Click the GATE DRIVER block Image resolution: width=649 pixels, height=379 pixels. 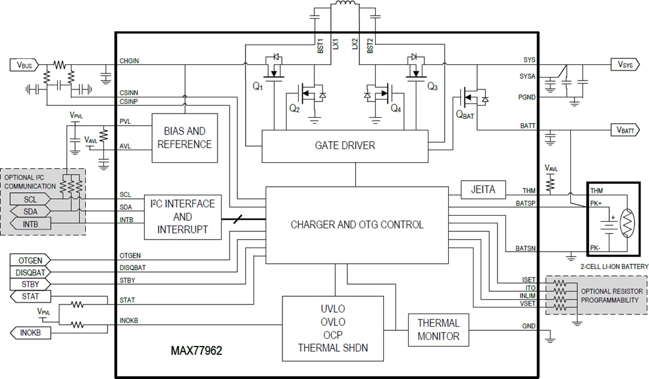click(344, 145)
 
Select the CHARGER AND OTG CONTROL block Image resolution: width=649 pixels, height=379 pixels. click(357, 225)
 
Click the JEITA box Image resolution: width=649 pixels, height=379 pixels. click(483, 189)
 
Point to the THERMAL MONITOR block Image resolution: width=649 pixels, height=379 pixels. click(438, 330)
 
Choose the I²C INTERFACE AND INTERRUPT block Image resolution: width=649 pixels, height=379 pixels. click(183, 217)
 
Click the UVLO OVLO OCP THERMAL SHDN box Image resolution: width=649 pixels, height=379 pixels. click(333, 329)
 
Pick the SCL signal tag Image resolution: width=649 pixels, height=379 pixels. click(29, 199)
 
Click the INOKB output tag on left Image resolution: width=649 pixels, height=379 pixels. click(30, 333)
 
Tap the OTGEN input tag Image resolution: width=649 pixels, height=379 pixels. click(30, 260)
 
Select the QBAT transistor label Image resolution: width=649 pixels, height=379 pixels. click(465, 115)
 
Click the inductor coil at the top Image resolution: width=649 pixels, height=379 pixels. click(344, 5)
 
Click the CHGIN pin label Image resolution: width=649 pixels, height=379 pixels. click(129, 60)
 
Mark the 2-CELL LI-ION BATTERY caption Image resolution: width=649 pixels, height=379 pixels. click(614, 266)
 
